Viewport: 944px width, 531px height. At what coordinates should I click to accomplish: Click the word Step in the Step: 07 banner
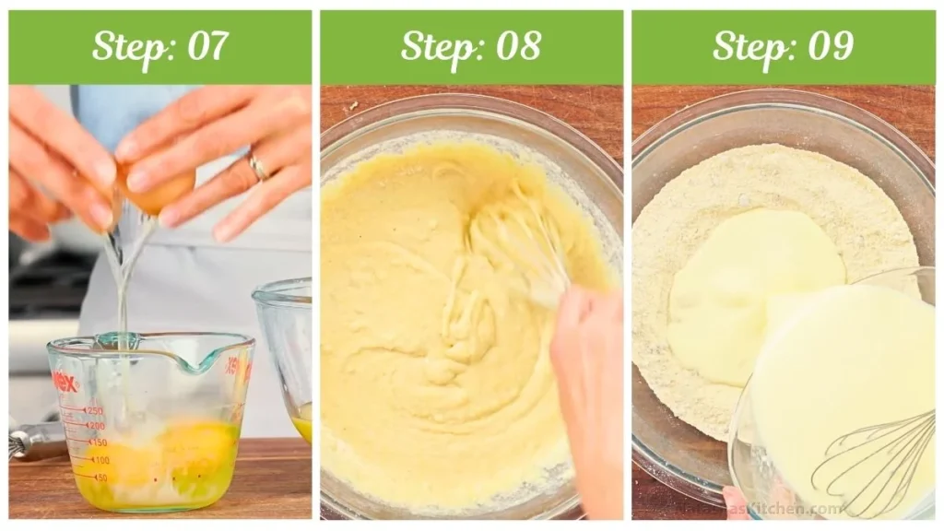(130, 46)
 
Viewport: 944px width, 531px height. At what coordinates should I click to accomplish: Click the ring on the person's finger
(258, 167)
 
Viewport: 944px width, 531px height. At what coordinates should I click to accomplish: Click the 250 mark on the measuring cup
(93, 410)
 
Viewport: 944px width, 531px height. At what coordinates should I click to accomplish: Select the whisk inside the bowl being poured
(871, 461)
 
